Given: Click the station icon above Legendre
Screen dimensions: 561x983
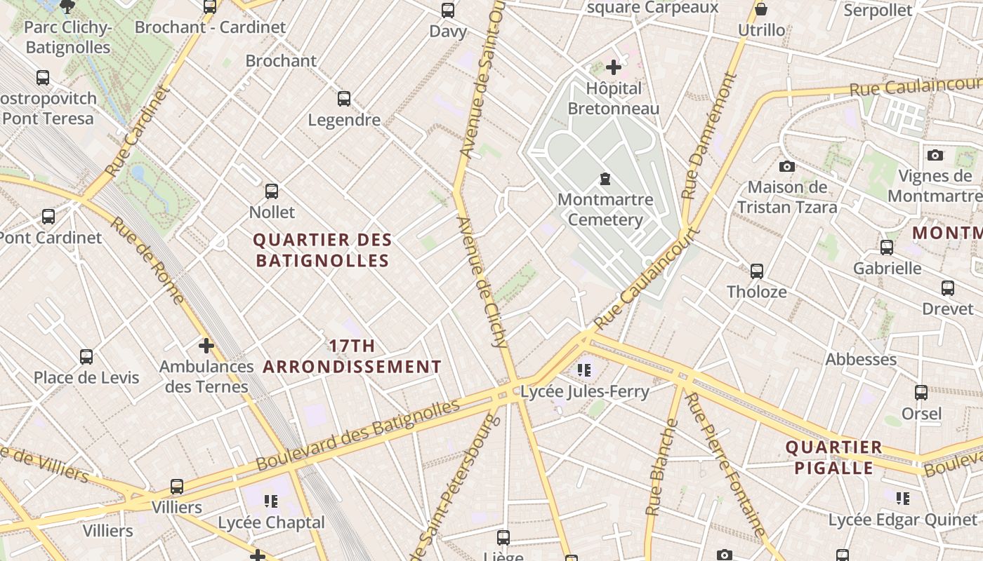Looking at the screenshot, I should point(344,99).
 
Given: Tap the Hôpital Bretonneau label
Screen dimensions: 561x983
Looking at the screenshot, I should point(614,98).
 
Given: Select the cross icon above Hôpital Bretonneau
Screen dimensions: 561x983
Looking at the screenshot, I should point(614,67).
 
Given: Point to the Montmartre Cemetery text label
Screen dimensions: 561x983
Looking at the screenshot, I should point(605,210).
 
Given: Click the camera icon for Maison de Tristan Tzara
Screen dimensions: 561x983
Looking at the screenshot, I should point(787,166).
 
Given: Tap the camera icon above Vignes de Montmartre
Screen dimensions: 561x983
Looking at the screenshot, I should point(935,155).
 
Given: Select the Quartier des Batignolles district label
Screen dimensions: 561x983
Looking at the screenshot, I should point(322,250).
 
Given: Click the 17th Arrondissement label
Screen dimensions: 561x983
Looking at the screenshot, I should point(352,356).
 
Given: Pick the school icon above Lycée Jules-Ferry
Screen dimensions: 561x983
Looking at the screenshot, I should point(584,370).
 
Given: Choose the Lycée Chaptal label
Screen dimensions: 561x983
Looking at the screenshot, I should point(271,522).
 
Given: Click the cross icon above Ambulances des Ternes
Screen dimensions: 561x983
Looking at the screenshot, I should point(206,346).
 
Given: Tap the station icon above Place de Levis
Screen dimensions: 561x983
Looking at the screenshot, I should point(86,357).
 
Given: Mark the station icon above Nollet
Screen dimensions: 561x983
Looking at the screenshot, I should point(272,191).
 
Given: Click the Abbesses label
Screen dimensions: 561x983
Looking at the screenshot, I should point(861,360).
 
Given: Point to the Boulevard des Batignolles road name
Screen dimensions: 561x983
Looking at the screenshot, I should point(358,435).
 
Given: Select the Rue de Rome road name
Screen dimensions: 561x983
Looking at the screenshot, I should point(147,261).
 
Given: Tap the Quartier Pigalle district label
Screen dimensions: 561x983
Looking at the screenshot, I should point(833,457).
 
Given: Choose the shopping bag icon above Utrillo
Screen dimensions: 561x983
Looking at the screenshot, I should point(761,10).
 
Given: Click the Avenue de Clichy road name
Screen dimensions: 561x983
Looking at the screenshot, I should point(482,282).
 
